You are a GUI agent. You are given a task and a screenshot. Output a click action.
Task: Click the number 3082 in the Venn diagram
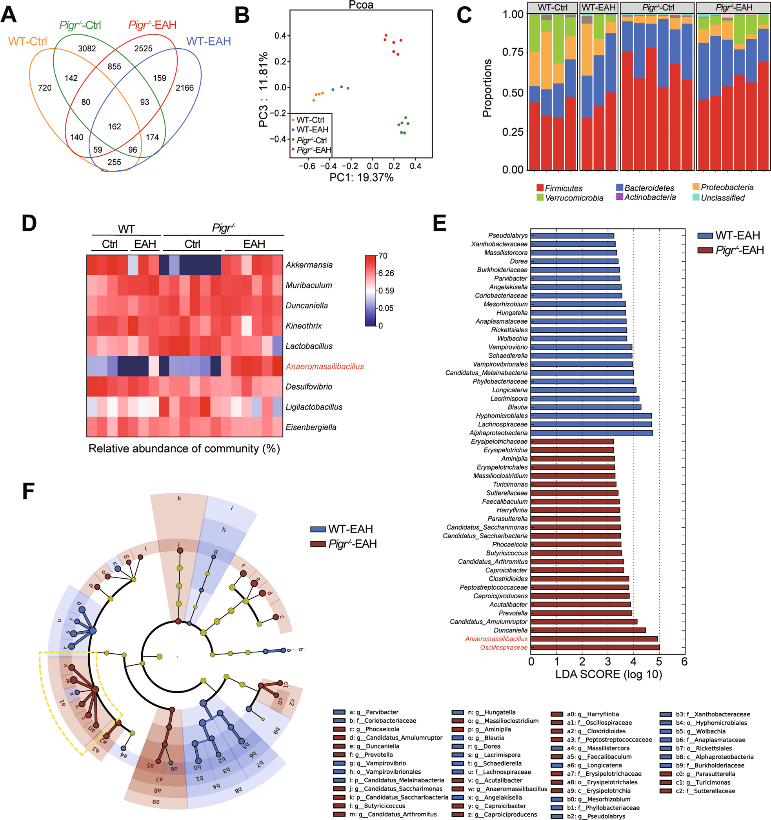[x=87, y=49]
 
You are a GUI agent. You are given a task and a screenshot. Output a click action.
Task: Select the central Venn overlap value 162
[x=114, y=127]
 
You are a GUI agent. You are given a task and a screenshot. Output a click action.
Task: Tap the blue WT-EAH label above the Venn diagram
[x=208, y=41]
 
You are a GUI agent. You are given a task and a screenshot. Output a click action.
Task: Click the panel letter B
[x=242, y=15]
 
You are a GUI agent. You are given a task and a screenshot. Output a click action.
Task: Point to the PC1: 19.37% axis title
[x=361, y=178]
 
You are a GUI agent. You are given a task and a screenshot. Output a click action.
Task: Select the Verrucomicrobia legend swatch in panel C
[x=540, y=198]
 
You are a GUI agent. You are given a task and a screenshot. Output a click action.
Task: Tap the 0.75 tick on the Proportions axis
[x=513, y=52]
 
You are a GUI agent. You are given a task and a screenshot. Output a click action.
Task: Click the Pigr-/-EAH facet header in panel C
[x=733, y=7]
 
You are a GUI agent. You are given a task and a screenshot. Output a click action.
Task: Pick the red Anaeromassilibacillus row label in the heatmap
[x=324, y=366]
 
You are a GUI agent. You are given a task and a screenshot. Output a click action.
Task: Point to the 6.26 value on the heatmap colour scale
[x=386, y=273]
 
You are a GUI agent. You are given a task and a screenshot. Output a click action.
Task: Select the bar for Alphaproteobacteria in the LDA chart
[x=591, y=433]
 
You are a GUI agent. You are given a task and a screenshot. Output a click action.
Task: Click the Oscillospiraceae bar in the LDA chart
[x=595, y=647]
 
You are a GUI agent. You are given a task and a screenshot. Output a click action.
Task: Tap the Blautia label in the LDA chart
[x=517, y=407]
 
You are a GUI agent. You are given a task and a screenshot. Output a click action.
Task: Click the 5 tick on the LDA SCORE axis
[x=659, y=662]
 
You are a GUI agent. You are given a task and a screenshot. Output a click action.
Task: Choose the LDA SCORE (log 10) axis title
[x=608, y=674]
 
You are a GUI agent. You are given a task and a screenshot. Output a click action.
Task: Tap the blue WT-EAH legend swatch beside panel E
[x=705, y=235]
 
